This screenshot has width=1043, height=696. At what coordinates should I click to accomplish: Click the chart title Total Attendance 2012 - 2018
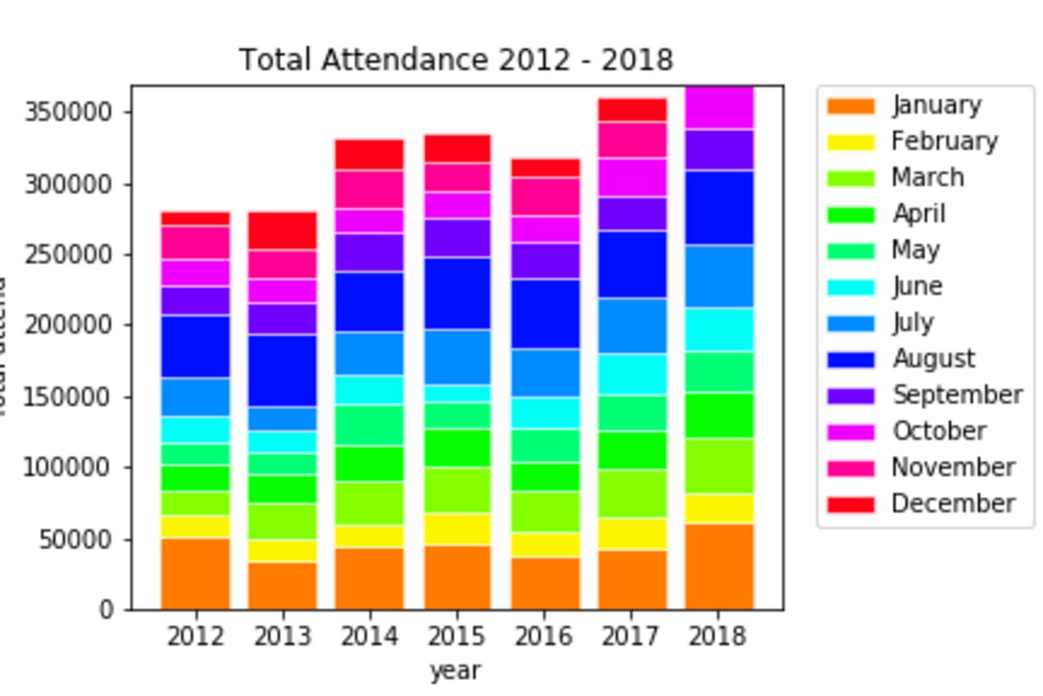coord(456,60)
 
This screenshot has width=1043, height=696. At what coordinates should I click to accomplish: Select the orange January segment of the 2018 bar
coord(720,566)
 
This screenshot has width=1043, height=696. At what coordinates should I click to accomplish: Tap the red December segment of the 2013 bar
coord(282,230)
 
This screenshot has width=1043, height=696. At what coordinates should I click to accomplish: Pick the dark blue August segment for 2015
coord(457,293)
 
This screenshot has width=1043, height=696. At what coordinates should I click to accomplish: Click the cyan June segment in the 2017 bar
coord(632,374)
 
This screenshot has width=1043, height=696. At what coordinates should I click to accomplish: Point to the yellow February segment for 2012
coord(195,527)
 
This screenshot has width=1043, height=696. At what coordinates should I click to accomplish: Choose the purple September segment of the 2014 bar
coord(369,252)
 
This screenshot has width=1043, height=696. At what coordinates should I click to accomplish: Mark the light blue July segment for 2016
coord(546,372)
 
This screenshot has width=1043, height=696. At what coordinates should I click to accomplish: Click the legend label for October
coord(938,431)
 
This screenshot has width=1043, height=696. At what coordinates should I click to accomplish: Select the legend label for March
coord(927,177)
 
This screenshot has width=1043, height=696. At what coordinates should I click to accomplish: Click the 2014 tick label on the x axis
coord(369,637)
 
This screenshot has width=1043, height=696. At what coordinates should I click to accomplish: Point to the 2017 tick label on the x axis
coord(632,637)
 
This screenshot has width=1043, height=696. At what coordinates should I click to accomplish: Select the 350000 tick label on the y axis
coord(68,112)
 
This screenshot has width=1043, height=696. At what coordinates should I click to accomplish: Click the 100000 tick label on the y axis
coord(68,468)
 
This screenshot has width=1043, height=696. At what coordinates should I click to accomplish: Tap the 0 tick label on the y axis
coord(106,610)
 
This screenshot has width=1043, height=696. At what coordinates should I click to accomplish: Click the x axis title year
coord(455,670)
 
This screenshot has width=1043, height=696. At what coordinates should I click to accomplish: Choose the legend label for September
coord(956,395)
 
